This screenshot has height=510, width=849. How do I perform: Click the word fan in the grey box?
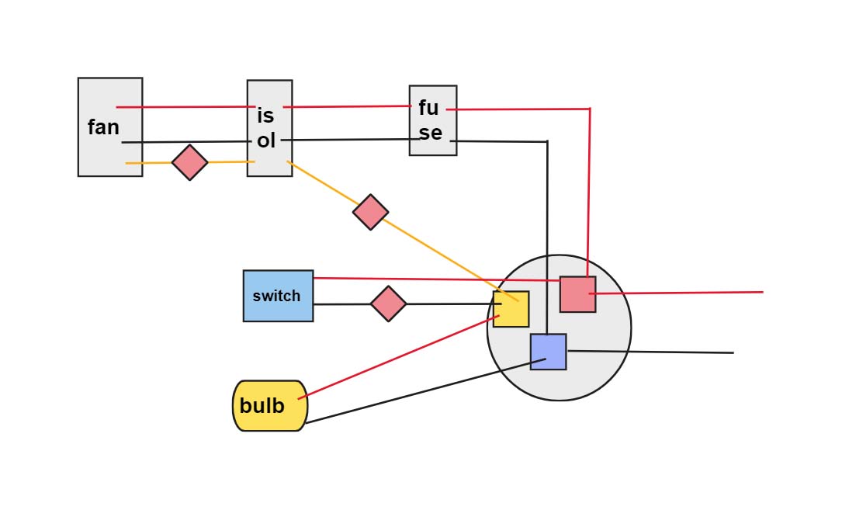[x=103, y=127]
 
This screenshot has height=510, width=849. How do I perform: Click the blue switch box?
[x=278, y=296]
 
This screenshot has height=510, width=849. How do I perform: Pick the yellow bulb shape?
[x=269, y=406]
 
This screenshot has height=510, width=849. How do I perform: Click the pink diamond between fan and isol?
[x=190, y=162]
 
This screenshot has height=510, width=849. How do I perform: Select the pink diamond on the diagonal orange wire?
[x=370, y=212]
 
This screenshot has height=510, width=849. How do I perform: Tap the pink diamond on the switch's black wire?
[x=388, y=304]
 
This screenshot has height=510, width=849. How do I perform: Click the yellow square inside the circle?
[x=511, y=309]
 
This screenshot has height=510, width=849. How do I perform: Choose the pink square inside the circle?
[x=577, y=294]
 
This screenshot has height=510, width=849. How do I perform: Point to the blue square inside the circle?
[x=548, y=352]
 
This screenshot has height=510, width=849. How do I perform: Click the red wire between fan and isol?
[x=186, y=107]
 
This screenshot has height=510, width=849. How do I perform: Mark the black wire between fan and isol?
[x=186, y=142]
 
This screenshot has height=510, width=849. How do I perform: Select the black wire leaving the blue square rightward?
[x=652, y=352]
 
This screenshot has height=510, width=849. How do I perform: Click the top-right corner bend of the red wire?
[x=590, y=109]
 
